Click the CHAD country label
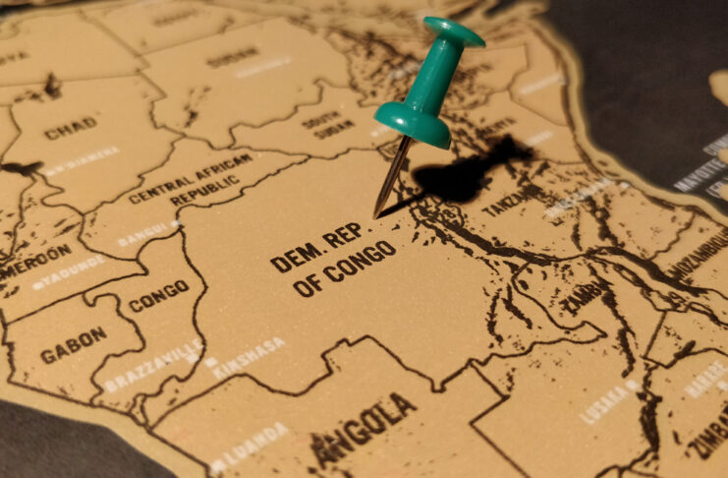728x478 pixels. point(71,127)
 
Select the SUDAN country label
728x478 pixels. point(233,60)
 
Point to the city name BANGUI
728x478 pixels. point(147,234)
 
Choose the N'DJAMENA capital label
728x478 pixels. point(83,159)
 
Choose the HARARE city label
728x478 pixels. point(705,378)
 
